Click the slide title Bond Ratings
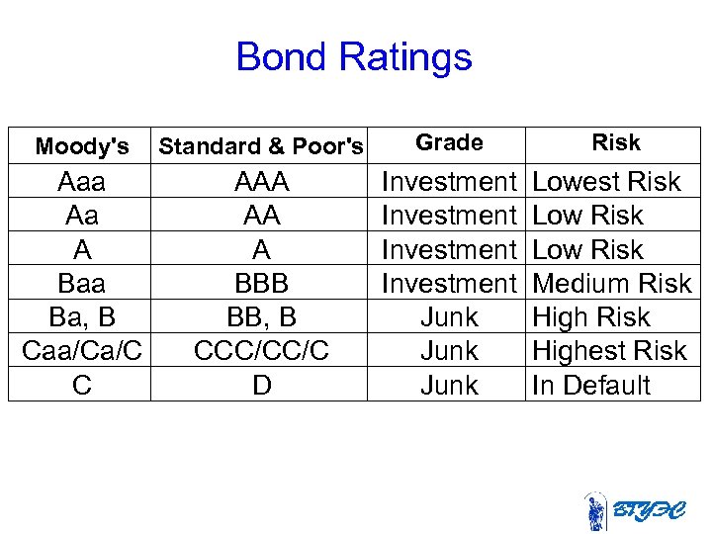354,57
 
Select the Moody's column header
81,147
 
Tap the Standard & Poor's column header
261,147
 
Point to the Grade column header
449,142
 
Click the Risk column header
615,142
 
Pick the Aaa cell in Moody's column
81,182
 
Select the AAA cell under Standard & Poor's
261,182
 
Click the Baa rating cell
81,284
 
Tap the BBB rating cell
261,284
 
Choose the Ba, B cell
81,317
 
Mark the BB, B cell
261,317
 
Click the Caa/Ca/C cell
81,351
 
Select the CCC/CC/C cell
261,351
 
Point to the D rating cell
261,385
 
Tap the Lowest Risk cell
606,182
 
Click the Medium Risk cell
611,284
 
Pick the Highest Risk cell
608,351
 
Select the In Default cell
590,385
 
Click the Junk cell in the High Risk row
449,317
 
